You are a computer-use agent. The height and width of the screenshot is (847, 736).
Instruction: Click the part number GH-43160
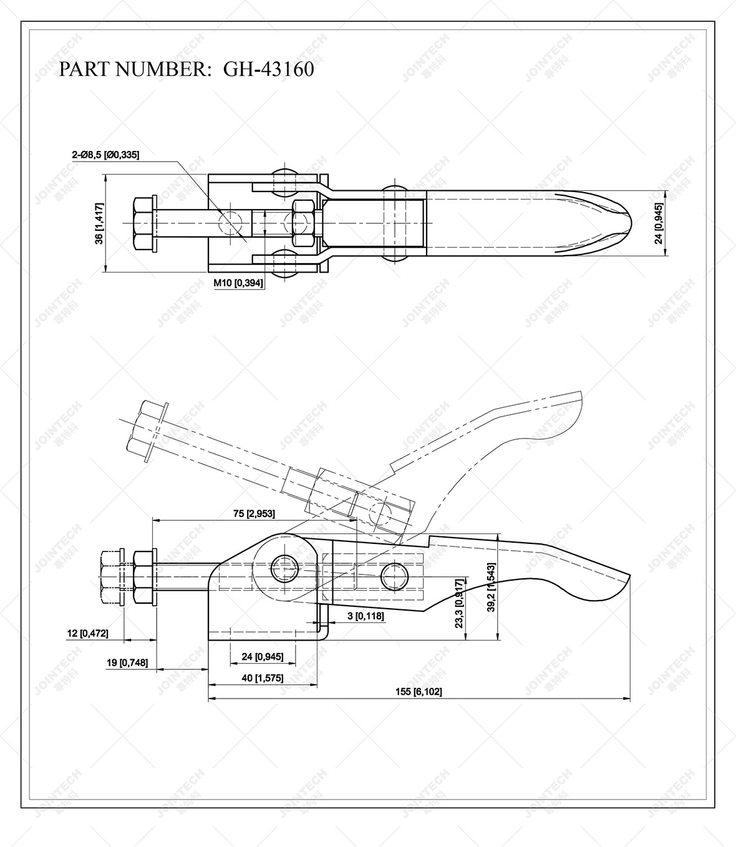click(x=268, y=69)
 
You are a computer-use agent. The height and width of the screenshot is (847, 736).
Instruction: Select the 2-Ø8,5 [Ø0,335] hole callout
click(x=105, y=154)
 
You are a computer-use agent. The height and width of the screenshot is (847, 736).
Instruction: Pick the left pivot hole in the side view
click(x=286, y=566)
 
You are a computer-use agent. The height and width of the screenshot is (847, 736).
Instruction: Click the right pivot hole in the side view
click(x=394, y=574)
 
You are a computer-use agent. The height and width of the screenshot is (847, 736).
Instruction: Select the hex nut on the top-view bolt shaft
click(x=304, y=223)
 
